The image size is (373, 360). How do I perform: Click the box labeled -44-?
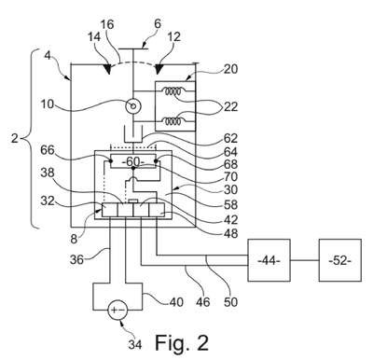point(269,260)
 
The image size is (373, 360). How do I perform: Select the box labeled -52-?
point(340,260)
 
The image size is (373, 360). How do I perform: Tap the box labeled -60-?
point(133,161)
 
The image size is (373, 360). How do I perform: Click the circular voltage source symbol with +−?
point(117,310)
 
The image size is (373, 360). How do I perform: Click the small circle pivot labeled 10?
point(133,106)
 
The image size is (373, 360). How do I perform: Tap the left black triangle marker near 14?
point(107,69)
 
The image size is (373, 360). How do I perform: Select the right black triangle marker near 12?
point(159,69)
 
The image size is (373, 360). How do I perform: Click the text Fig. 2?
point(182,342)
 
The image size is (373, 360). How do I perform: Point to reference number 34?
point(135,344)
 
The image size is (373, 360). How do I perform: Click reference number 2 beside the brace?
point(15,138)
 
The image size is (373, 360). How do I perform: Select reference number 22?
point(230,106)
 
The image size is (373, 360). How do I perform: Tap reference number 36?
point(76,259)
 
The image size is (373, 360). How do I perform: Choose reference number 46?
point(202,301)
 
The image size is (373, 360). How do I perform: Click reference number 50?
point(230,301)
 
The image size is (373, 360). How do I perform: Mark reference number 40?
point(175,301)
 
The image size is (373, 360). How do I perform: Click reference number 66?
point(48,150)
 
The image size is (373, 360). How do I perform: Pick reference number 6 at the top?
point(158,23)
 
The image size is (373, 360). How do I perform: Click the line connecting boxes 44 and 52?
point(305,260)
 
